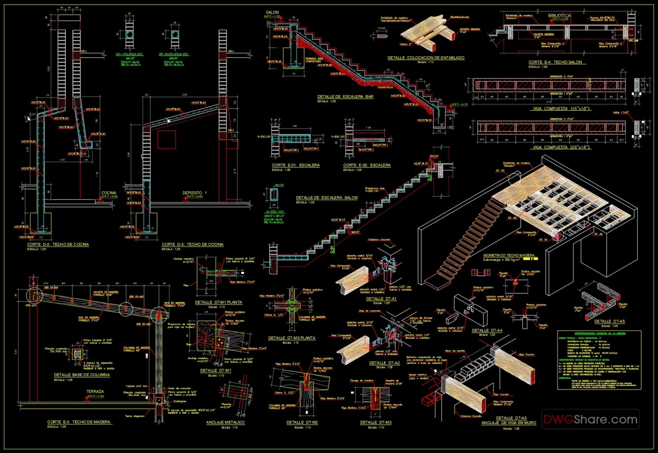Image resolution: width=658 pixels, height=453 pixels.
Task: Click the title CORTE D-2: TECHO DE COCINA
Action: (58, 244)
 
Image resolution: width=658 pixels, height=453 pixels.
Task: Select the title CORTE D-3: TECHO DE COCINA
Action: (193, 244)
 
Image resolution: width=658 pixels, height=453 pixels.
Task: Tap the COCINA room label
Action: (109, 193)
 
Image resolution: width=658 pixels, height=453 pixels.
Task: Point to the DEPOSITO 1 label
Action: (195, 193)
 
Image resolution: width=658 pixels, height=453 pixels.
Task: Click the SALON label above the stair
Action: (272, 12)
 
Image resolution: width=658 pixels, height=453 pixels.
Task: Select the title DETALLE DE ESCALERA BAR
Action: (345, 97)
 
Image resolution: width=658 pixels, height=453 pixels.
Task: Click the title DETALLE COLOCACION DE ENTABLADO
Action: (426, 58)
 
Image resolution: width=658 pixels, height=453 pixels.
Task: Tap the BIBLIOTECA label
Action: (559, 15)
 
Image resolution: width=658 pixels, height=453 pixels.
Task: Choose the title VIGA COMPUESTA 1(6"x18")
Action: (561, 108)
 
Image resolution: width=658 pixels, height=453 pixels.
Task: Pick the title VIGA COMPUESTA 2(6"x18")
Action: (561, 147)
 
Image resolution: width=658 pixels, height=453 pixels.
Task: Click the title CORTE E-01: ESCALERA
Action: (296, 165)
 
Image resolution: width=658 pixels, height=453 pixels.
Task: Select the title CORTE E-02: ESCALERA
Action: (367, 165)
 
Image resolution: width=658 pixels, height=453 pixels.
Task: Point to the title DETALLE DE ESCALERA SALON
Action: (327, 198)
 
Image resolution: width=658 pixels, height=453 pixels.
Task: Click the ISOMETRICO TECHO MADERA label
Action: (509, 255)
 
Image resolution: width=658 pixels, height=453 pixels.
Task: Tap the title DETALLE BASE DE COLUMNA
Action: (82, 375)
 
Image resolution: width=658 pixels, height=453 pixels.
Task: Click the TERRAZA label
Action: (95, 392)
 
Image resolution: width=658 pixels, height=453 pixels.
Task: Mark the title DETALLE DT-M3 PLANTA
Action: (292, 338)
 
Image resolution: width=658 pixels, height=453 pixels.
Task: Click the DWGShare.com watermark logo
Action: (590, 419)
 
